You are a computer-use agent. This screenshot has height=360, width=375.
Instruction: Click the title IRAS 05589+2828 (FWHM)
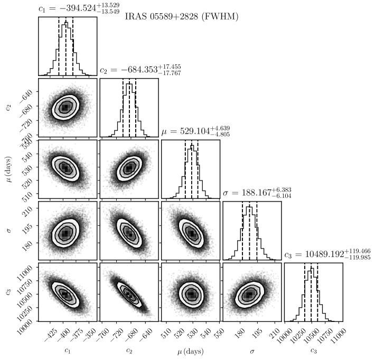tap(182, 17)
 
